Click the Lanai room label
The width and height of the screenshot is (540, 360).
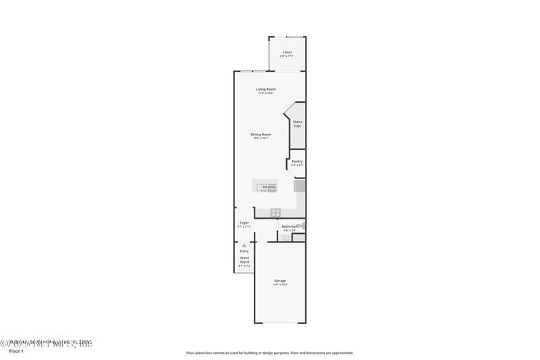[287, 51]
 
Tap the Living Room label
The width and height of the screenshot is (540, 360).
[266, 89]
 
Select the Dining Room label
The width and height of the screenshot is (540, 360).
[261, 134]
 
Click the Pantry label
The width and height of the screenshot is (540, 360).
[297, 161]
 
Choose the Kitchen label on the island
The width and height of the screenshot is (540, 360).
[269, 187]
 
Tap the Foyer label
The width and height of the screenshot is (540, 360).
[244, 223]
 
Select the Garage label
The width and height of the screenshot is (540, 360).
[279, 280]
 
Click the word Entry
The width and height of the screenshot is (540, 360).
[244, 251]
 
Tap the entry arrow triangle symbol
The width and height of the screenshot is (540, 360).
[244, 245]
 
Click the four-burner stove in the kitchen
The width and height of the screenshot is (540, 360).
[275, 213]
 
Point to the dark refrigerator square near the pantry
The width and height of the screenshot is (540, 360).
[300, 185]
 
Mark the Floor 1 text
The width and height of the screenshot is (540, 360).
[15, 352]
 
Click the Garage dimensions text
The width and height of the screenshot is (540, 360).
[279, 284]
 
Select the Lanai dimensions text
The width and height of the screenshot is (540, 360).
[287, 56]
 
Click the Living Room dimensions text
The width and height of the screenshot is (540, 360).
[266, 93]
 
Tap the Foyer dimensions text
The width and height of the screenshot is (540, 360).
[244, 227]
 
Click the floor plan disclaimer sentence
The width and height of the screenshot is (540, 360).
[270, 353]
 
